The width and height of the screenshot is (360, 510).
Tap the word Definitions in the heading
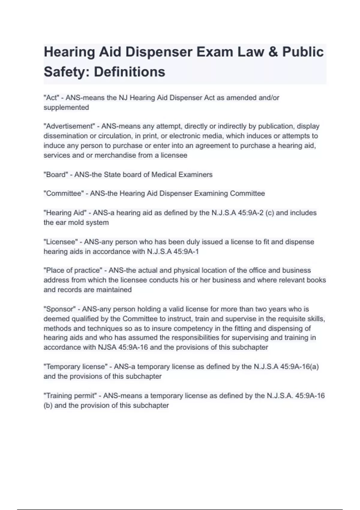click(x=130, y=72)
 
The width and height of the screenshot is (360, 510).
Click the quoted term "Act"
click(x=51, y=98)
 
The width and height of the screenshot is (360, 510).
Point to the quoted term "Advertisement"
click(x=69, y=126)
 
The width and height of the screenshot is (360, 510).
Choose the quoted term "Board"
click(x=56, y=175)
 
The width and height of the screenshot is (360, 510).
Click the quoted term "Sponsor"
click(x=60, y=309)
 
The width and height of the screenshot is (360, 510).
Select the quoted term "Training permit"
click(x=70, y=396)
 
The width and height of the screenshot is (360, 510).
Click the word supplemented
click(x=66, y=107)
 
